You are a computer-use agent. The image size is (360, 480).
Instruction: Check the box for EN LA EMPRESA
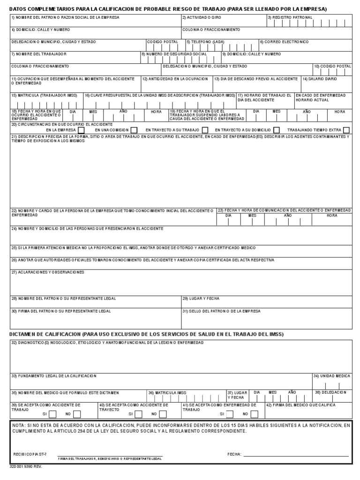pos(81,130)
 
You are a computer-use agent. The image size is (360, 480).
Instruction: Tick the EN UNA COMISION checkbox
pos(134,130)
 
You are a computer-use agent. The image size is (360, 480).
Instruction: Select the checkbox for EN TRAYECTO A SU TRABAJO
pos(205,130)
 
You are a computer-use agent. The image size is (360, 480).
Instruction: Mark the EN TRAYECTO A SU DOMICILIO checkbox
pos(276,130)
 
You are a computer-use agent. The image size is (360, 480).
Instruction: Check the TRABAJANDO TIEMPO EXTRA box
pos(346,130)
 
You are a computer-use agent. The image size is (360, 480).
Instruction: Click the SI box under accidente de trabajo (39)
pos(53,414)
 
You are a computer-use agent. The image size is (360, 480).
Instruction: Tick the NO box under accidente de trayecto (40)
pos(164,414)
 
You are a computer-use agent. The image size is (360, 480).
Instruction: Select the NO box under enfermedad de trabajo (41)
pos(255,414)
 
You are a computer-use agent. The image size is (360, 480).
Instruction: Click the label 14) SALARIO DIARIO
pos(319,79)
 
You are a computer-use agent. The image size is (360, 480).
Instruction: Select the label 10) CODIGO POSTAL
pos(332,67)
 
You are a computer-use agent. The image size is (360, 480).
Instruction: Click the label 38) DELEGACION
pos(330,392)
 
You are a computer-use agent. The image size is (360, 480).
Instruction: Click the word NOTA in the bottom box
pos(18,425)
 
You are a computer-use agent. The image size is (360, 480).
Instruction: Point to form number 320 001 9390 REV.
pos(26,467)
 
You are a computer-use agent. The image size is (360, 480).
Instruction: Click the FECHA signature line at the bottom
pos(295,455)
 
